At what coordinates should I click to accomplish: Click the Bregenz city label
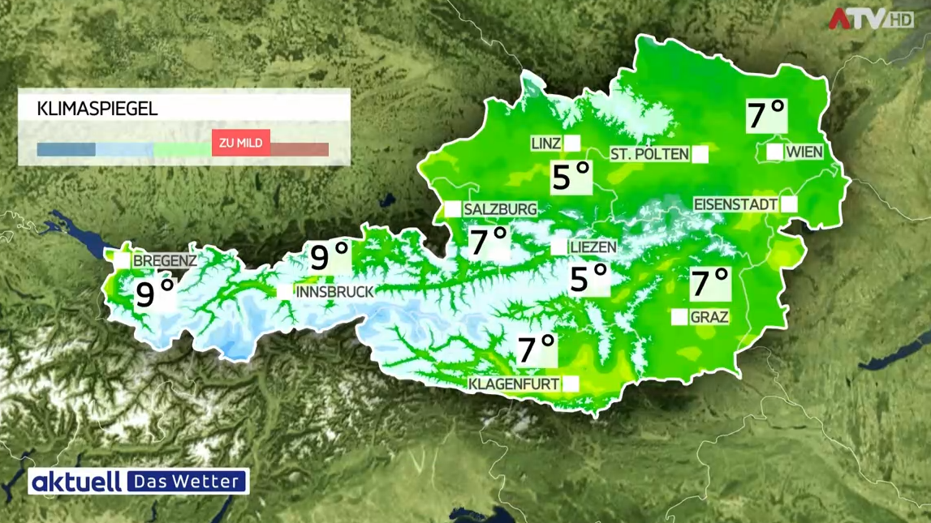tap(165, 261)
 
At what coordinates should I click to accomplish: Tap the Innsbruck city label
tap(335, 291)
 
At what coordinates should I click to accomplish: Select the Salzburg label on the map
tap(500, 209)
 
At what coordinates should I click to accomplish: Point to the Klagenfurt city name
tap(515, 383)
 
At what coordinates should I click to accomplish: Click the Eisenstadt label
tap(735, 204)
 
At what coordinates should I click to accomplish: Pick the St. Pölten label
tap(649, 154)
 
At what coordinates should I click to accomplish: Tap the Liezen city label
tap(593, 246)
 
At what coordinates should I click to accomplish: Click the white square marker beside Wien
tap(774, 152)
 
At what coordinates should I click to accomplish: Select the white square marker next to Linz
tap(572, 144)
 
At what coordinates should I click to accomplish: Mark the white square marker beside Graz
tap(679, 317)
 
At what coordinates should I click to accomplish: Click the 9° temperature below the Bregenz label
tap(156, 294)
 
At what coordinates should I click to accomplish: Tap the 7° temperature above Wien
tap(766, 116)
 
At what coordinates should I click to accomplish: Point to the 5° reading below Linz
tap(571, 177)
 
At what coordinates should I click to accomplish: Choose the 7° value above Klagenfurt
tap(537, 349)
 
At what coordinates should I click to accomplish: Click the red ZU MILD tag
tap(240, 143)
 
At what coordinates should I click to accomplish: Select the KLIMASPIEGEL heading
tap(97, 109)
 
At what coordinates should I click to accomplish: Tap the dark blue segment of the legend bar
tap(66, 150)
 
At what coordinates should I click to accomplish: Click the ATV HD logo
tap(870, 19)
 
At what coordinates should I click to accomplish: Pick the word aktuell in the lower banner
tap(76, 482)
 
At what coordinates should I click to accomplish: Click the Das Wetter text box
tap(187, 482)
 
